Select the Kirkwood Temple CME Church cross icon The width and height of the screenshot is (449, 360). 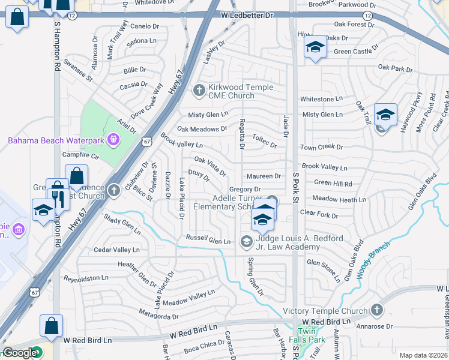(199, 91)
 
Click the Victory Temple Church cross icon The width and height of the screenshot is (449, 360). (376, 310)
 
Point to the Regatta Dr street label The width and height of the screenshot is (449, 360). (242, 137)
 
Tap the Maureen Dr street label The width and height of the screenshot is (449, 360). (264, 176)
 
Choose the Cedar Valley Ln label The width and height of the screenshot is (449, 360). (116, 250)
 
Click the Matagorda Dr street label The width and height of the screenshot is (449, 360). (158, 316)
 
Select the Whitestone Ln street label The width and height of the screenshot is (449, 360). (321, 99)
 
